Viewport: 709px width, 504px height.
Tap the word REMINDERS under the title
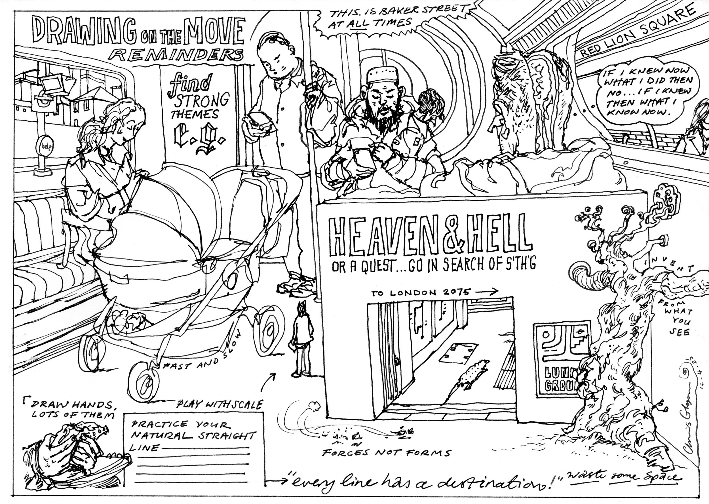point(177,56)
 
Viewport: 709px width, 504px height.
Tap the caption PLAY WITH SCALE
point(220,404)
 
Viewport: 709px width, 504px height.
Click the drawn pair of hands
point(75,447)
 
